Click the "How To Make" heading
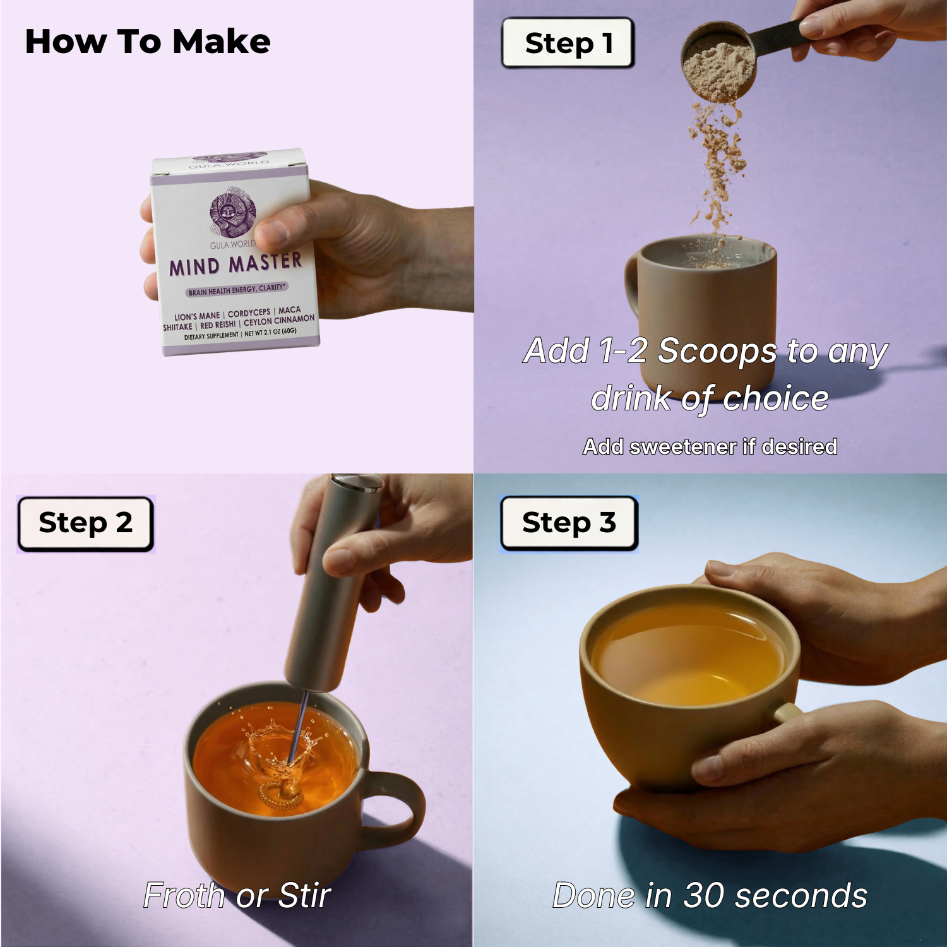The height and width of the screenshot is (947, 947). click(x=148, y=42)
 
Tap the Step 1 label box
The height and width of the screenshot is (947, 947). click(x=568, y=43)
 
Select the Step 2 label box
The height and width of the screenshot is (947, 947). click(x=86, y=523)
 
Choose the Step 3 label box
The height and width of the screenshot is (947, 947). click(x=569, y=523)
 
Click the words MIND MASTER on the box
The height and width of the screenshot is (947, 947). click(x=235, y=264)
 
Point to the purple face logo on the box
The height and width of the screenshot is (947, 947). click(x=232, y=212)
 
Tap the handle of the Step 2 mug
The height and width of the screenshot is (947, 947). click(x=396, y=805)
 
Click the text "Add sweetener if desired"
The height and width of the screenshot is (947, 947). click(x=710, y=446)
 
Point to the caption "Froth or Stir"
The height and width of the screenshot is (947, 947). click(x=237, y=895)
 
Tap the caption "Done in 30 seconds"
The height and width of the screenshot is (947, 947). click(x=710, y=895)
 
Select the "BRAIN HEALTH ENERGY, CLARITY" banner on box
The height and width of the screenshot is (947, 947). click(x=237, y=290)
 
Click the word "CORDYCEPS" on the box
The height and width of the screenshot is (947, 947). click(x=249, y=313)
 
